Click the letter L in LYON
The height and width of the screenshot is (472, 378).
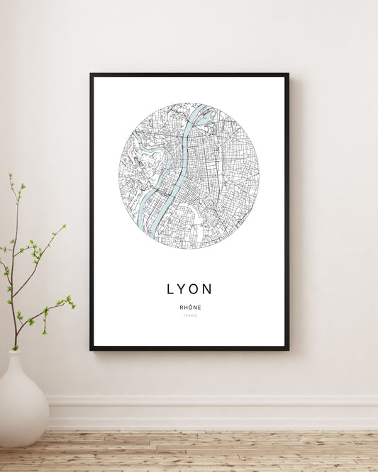tap(170, 289)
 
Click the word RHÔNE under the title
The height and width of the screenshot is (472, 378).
tap(189, 307)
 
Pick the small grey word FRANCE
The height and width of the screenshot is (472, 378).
tap(189, 315)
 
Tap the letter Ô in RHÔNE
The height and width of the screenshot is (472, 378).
tap(189, 307)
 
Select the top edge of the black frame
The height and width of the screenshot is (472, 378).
tap(189, 74)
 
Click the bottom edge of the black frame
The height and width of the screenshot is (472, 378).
tap(189, 348)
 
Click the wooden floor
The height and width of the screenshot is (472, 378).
tap(213, 451)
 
